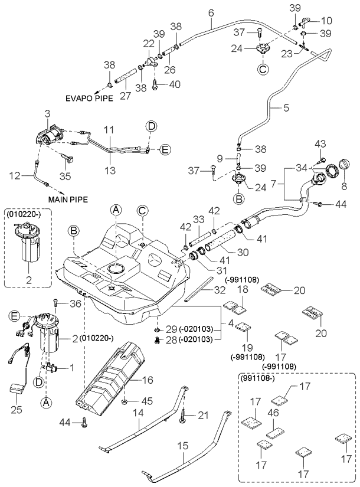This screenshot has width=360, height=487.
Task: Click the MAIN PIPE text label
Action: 69,200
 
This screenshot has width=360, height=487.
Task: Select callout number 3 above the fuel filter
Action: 47,112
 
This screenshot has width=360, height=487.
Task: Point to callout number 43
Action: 322,144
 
